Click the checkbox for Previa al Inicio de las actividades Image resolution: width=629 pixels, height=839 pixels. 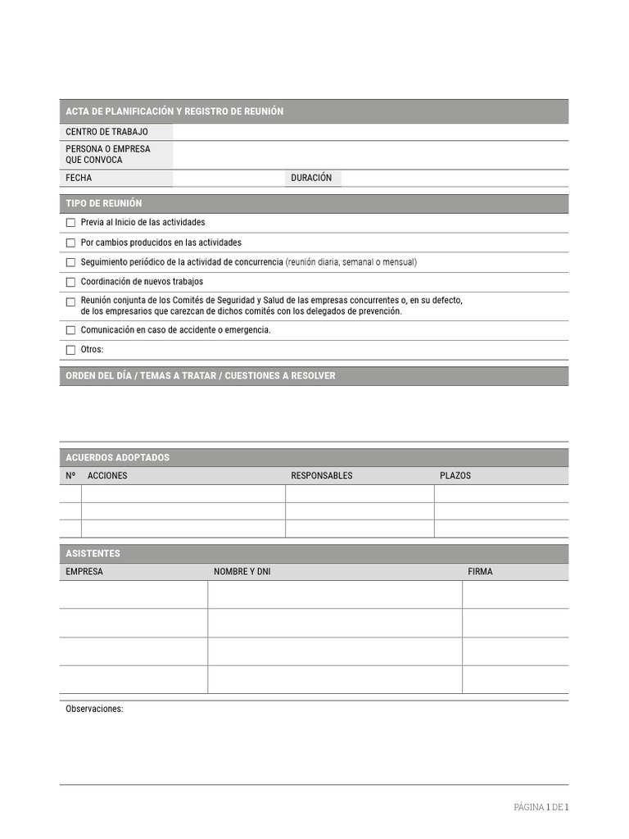[70, 223]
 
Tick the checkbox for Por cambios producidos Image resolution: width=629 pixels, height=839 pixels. [70, 243]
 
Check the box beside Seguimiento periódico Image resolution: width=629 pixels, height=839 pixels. [70, 263]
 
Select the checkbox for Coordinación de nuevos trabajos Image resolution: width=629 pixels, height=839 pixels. [70, 283]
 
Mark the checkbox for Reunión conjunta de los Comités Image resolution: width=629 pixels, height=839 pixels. [70, 302]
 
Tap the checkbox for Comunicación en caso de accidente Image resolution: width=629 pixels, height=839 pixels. [70, 330]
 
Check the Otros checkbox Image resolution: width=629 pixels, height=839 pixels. [70, 351]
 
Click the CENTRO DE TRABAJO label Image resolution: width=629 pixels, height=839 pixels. [106, 132]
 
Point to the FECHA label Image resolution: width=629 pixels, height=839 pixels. [79, 178]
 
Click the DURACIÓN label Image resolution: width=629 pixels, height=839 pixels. [311, 178]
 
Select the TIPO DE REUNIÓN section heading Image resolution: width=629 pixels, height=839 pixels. [103, 203]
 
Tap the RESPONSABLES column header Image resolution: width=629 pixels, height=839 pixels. [321, 476]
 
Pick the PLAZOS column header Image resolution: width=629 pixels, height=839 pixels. [455, 476]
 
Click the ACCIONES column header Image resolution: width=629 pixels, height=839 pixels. [107, 476]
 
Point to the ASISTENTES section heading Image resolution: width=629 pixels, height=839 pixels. [93, 554]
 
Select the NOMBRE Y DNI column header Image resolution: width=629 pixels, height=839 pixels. [242, 572]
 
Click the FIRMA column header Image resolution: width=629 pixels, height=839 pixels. [480, 572]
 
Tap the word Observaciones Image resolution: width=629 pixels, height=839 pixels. [94, 710]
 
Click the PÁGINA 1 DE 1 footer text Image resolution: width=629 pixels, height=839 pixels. [541, 807]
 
